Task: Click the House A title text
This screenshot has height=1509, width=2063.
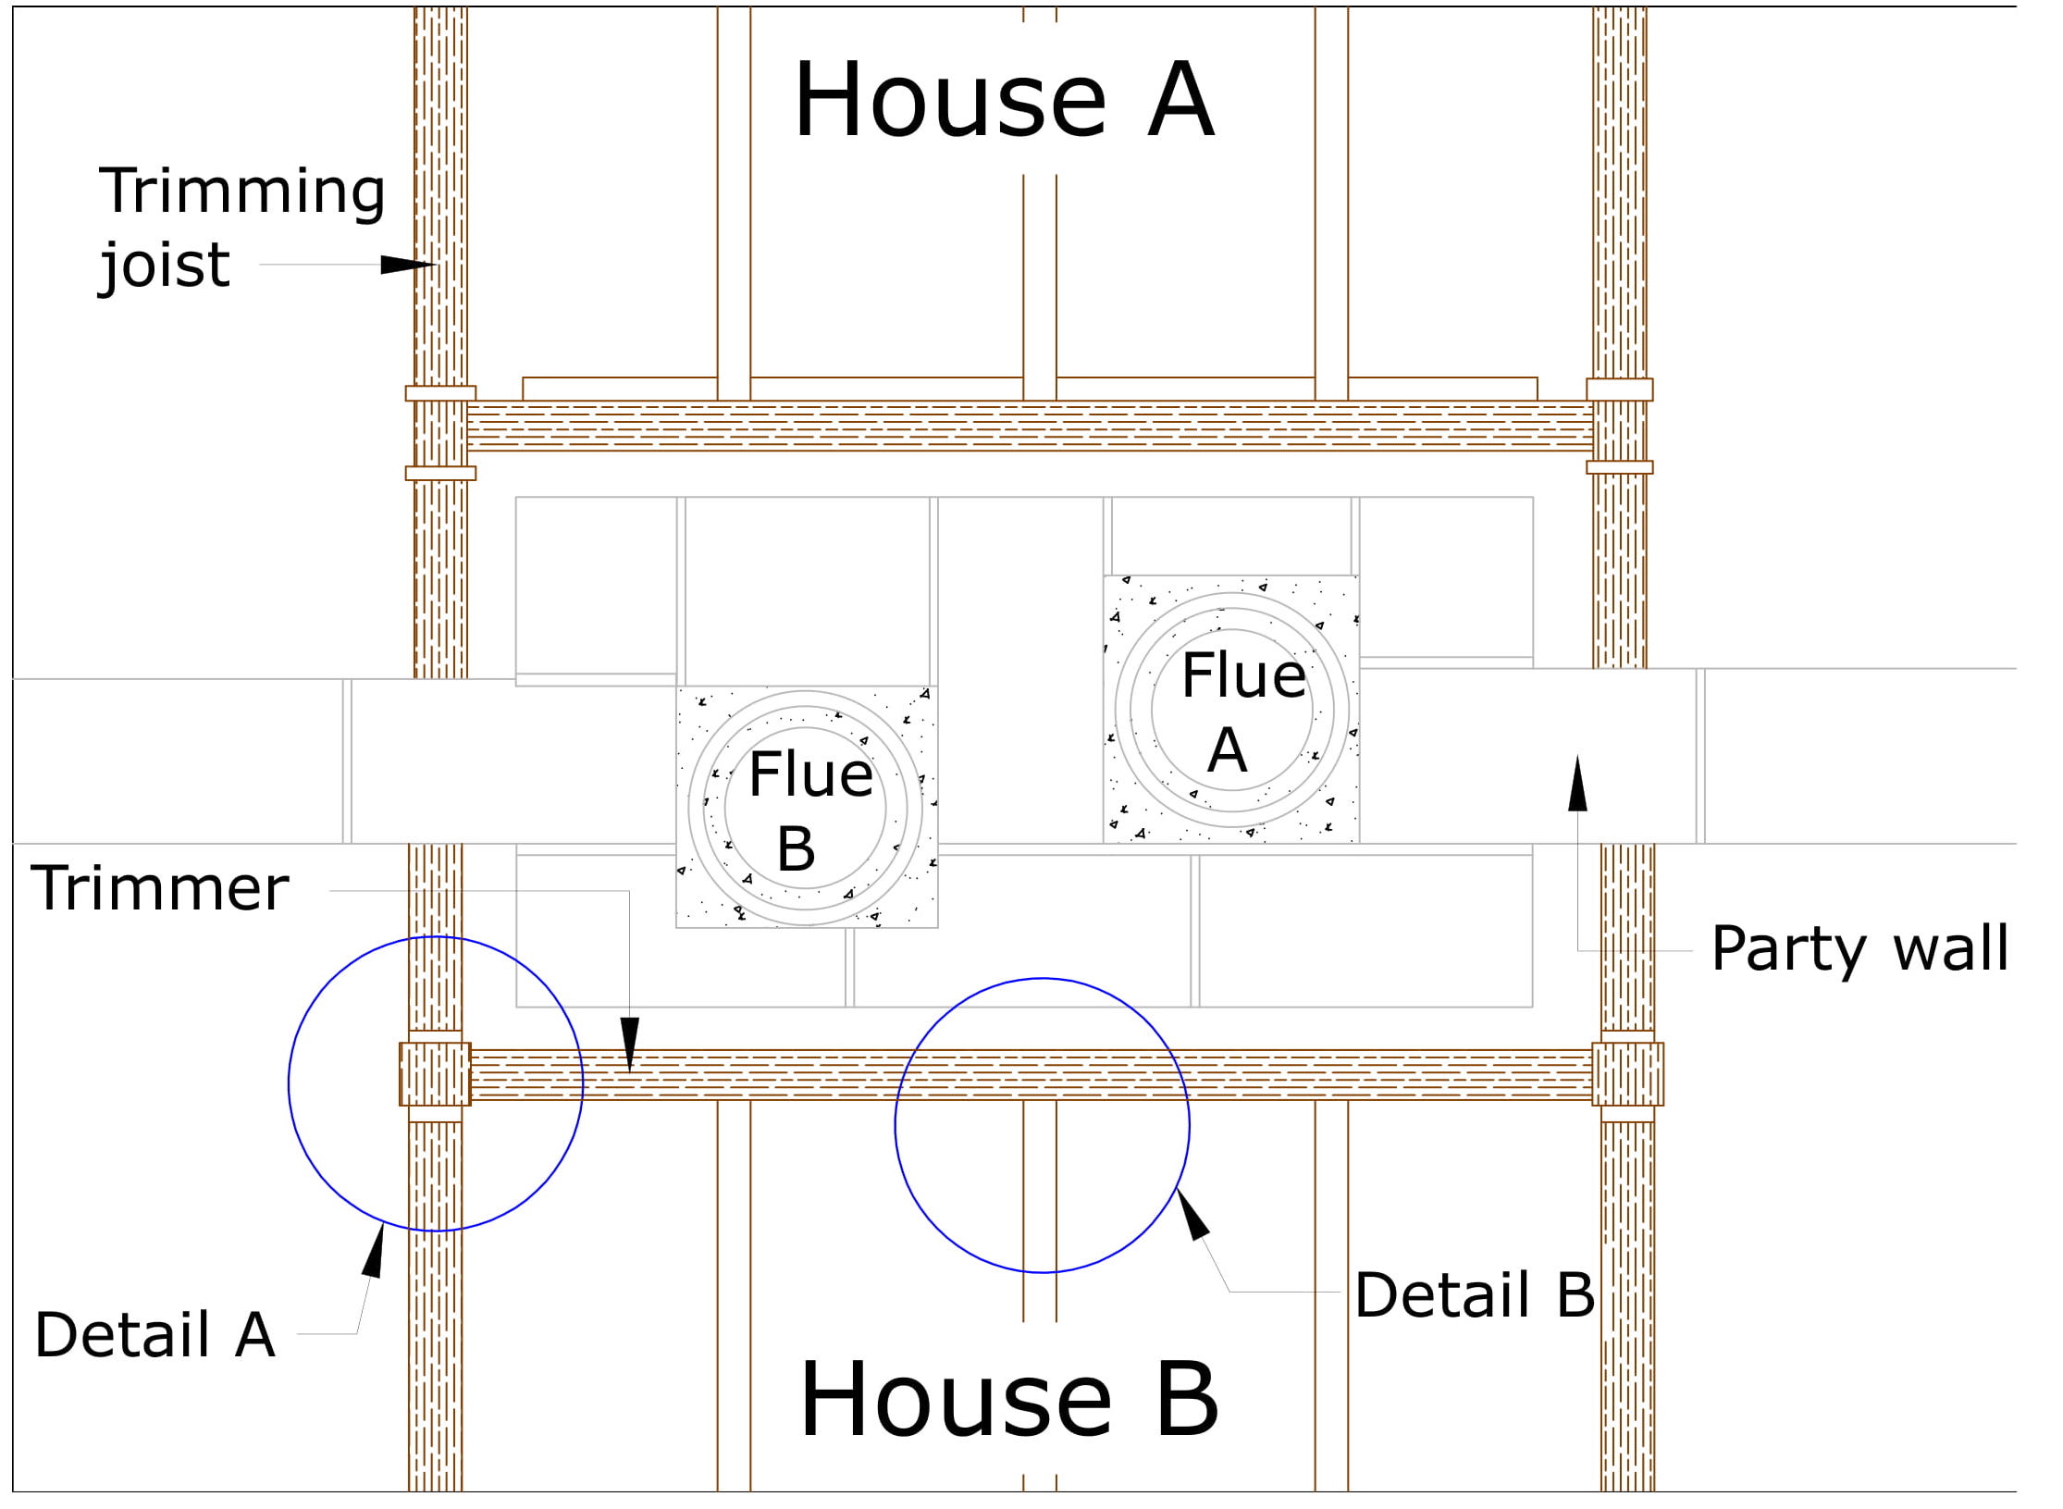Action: [x=1004, y=100]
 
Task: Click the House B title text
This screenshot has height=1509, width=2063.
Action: [x=1008, y=1400]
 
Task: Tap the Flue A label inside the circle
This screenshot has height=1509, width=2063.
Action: [x=1242, y=711]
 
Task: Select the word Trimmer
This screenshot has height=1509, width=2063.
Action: [x=159, y=889]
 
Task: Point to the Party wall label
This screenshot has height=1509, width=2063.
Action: [x=1859, y=947]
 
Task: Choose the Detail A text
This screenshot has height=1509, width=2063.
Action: [x=154, y=1335]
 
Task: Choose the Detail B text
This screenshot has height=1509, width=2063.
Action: [x=1474, y=1294]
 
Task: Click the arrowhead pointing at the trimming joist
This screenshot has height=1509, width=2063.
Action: [x=407, y=265]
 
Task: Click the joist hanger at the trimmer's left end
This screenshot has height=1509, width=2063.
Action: [x=435, y=1074]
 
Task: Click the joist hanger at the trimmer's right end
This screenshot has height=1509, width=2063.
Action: [x=1627, y=1074]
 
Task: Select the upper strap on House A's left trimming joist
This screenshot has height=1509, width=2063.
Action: [x=440, y=393]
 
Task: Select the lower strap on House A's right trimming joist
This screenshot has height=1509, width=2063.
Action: [x=1619, y=467]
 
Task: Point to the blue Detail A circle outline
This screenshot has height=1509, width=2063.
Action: [x=289, y=1083]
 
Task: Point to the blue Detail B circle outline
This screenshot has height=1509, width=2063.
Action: [x=896, y=1126]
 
